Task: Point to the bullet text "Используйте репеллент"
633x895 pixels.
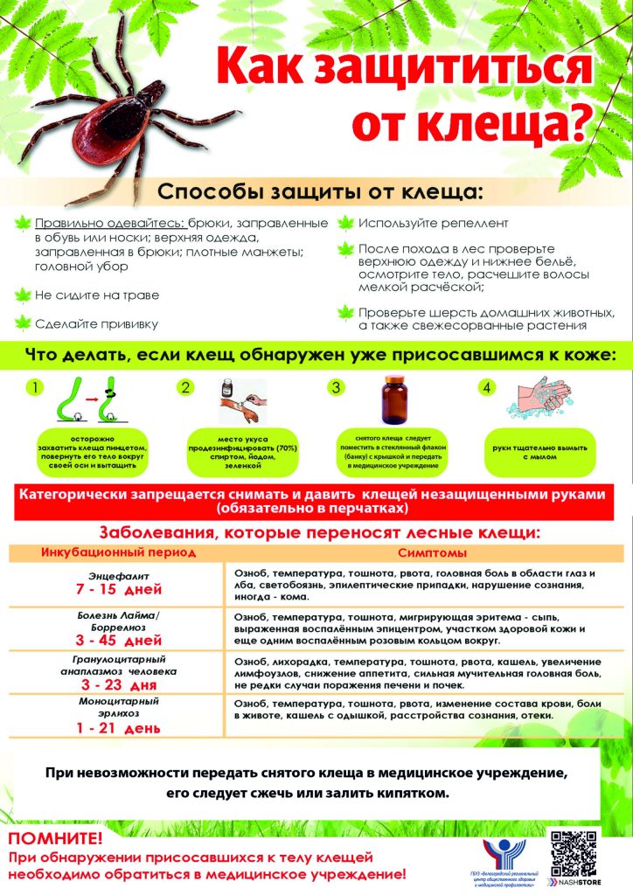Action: (434, 223)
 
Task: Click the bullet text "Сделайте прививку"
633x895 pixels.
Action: (97, 323)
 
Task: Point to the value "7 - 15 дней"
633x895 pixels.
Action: (119, 591)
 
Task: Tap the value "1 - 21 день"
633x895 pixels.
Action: (119, 728)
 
